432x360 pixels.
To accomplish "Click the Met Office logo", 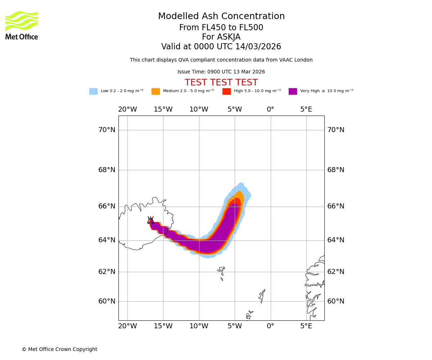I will [x=22, y=25].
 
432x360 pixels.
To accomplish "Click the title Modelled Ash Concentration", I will [x=221, y=17].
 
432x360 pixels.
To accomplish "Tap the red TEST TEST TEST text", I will [x=221, y=83].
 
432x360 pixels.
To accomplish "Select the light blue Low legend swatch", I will [x=93, y=91].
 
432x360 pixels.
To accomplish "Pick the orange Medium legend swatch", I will [x=156, y=91].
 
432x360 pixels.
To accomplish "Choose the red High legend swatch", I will [x=226, y=91].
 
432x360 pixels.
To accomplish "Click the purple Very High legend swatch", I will [x=293, y=91].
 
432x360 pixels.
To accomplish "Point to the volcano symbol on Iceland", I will [x=150, y=220].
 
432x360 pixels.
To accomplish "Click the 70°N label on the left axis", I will [x=107, y=130].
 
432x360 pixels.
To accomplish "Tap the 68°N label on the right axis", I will [x=336, y=170].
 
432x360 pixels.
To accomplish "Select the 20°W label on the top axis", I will [x=127, y=109].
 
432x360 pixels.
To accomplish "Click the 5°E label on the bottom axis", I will [x=306, y=326].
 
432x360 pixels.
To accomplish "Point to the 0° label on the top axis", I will [x=270, y=109].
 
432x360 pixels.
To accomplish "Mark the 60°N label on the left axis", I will [x=107, y=301].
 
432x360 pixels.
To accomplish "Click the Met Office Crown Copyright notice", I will [x=59, y=350].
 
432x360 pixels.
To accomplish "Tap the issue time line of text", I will [x=221, y=72].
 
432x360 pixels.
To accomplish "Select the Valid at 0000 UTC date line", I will [x=221, y=47].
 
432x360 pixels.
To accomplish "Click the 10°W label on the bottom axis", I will [x=199, y=326].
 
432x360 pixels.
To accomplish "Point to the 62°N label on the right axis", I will [x=336, y=272].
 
